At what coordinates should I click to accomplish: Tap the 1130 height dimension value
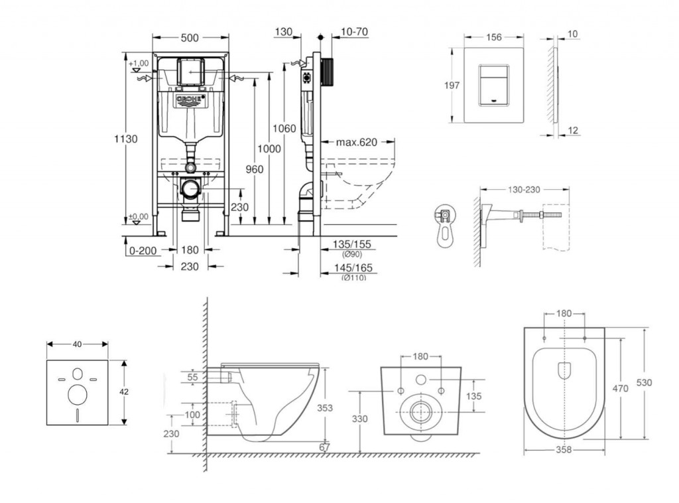click(125, 139)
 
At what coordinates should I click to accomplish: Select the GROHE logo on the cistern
click(190, 100)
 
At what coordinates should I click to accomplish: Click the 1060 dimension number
click(286, 128)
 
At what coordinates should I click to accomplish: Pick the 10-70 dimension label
click(354, 31)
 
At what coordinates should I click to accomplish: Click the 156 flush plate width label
click(494, 37)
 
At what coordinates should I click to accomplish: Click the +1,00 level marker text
click(139, 62)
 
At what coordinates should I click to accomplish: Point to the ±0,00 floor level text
click(139, 216)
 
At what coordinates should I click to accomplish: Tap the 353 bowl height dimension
click(324, 407)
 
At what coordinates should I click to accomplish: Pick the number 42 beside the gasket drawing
click(124, 392)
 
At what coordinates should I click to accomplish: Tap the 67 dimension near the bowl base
click(324, 447)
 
